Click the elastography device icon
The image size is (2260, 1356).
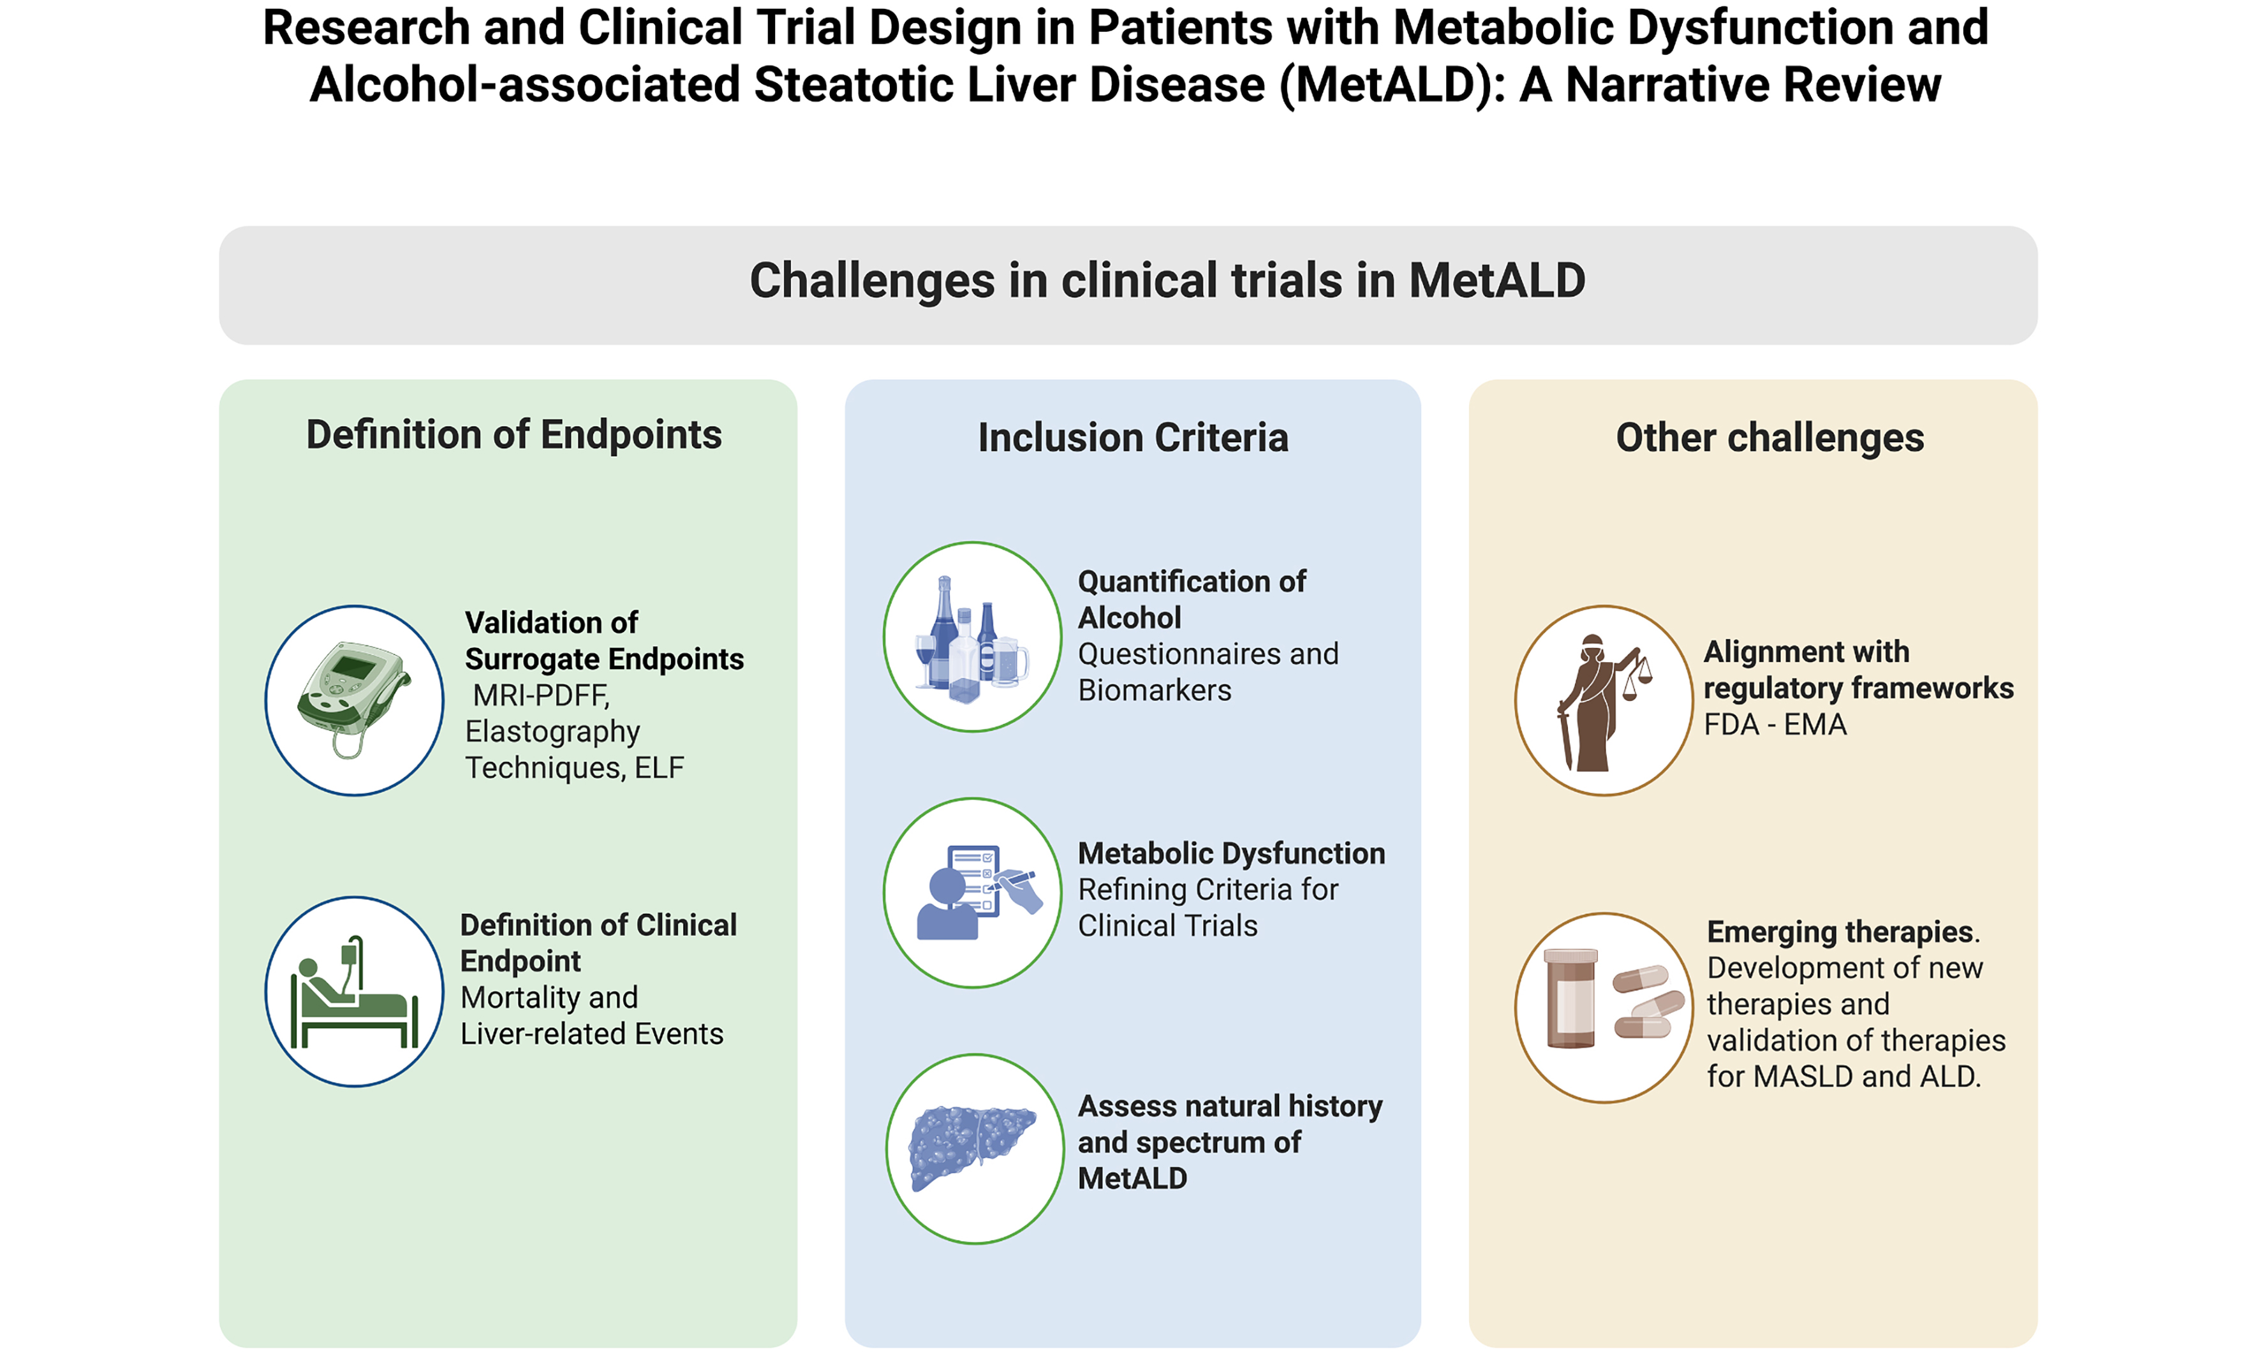353,699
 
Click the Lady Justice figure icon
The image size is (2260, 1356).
1594,702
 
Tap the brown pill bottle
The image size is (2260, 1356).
1570,998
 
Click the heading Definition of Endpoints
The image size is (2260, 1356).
513,435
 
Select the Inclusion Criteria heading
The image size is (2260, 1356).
1132,438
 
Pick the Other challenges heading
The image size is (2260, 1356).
1769,438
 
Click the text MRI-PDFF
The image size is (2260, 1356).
541,695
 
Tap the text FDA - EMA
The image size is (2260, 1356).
1775,725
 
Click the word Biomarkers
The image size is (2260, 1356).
1154,690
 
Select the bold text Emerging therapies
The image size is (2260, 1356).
1840,931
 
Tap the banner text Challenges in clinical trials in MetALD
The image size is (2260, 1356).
1167,281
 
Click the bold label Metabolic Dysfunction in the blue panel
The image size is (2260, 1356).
1231,853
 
